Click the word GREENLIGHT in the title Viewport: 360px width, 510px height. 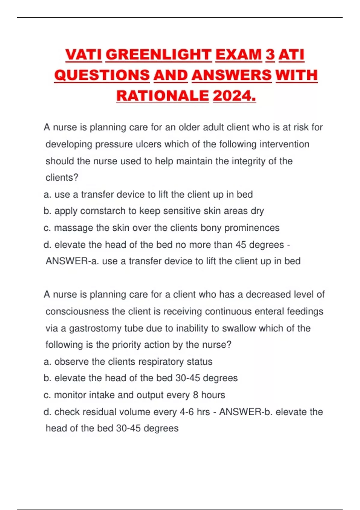pyautogui.click(x=159, y=55)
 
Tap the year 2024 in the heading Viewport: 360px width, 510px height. pyautogui.click(x=234, y=96)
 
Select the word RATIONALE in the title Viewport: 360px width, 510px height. pyautogui.click(x=162, y=96)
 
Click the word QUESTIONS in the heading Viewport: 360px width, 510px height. pyautogui.click(x=102, y=75)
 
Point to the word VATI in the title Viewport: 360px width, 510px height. pyautogui.click(x=84, y=55)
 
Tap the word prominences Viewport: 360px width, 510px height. pyautogui.click(x=252, y=228)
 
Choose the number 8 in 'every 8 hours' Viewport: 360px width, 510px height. pyautogui.click(x=196, y=395)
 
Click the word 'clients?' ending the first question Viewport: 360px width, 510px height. pyautogui.click(x=62, y=178)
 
